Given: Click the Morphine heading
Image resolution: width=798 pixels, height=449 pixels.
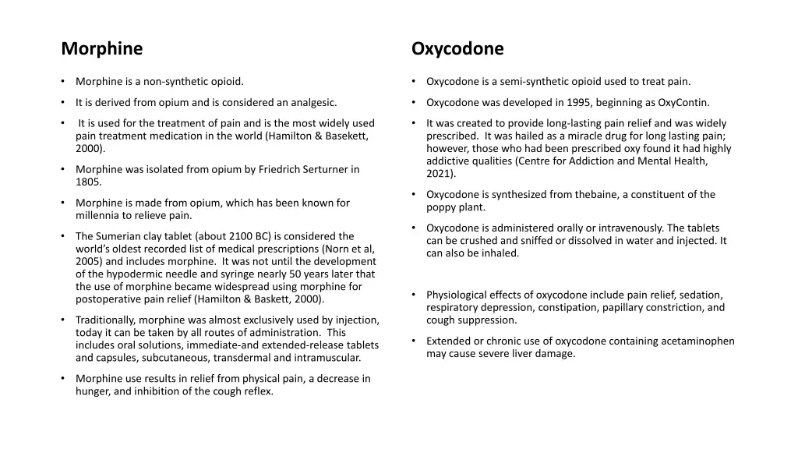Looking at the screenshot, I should click(102, 49).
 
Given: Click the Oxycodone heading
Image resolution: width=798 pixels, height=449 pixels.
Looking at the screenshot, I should click(457, 49).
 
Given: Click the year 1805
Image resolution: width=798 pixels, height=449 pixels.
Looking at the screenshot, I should click(88, 182).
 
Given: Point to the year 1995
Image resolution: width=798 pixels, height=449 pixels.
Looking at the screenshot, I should click(595, 102).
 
